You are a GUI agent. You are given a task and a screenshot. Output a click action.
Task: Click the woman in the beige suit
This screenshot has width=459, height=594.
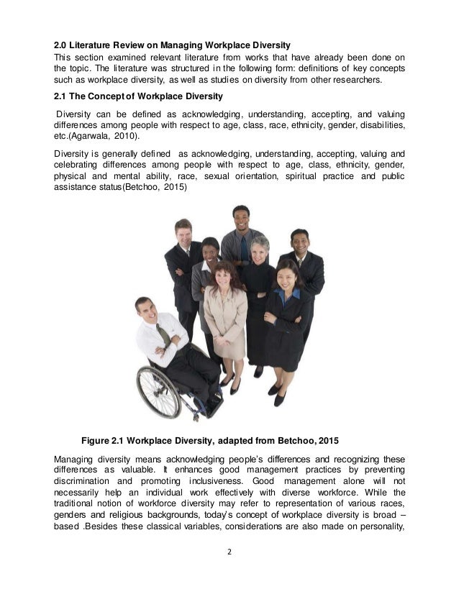(226, 316)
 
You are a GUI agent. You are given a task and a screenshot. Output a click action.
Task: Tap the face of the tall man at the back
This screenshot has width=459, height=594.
(240, 216)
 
